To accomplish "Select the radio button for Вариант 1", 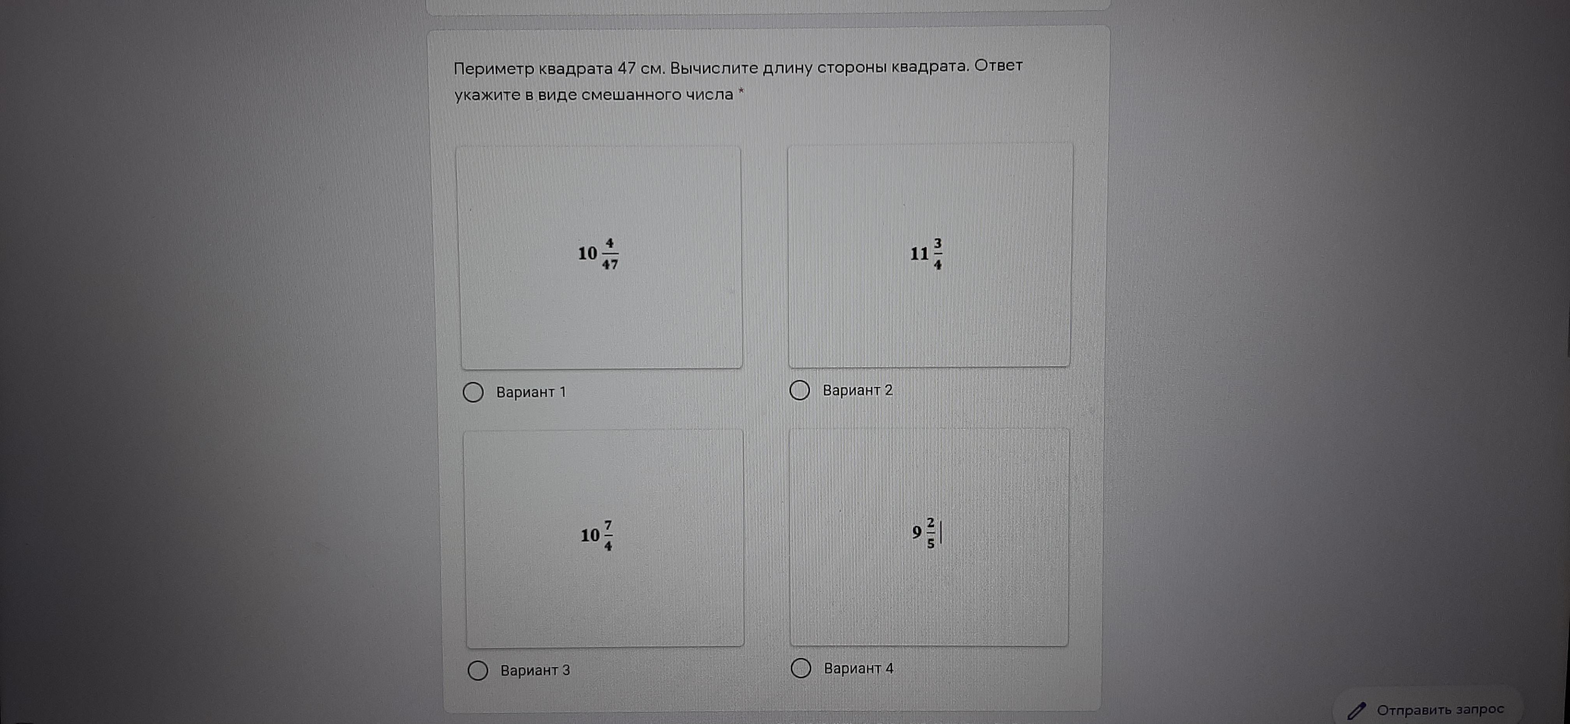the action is click(473, 392).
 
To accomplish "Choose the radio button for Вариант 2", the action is click(800, 390).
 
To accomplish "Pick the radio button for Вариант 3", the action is click(478, 670).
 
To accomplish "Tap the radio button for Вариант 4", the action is click(801, 669).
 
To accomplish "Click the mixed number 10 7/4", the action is click(597, 536).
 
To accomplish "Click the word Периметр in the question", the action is click(494, 69).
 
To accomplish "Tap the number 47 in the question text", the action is click(627, 68).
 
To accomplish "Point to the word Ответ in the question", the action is click(998, 65).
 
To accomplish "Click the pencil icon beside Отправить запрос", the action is click(1357, 711).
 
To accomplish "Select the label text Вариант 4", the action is click(859, 669).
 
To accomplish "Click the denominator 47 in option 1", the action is click(610, 264).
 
